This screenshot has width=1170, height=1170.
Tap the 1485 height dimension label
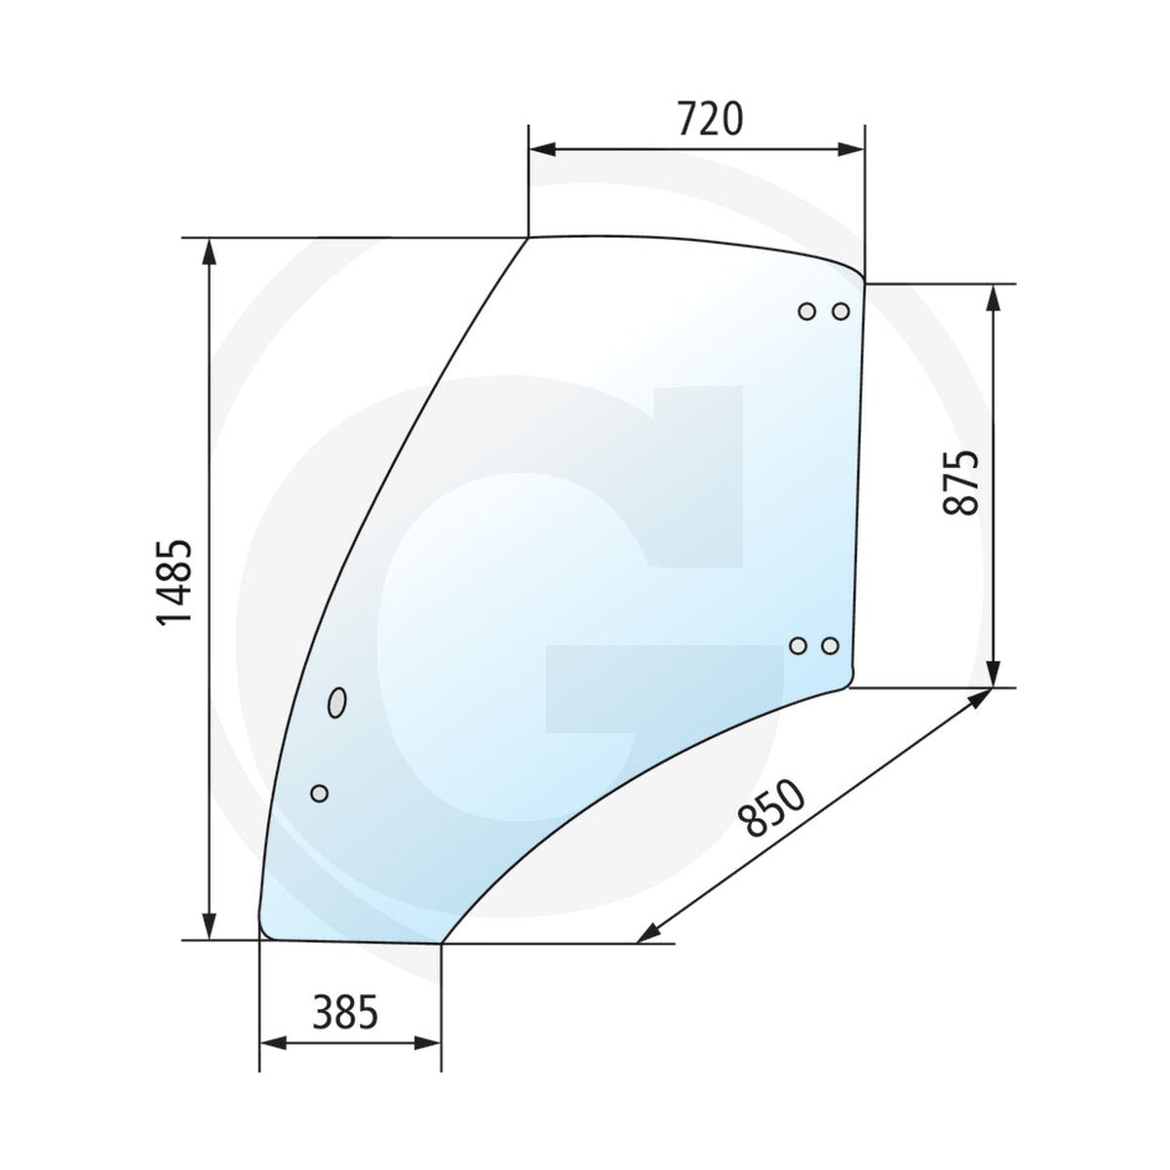175,582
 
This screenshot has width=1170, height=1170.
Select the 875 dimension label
961,483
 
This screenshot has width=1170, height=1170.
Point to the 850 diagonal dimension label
771,808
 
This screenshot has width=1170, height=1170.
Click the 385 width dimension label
345,1012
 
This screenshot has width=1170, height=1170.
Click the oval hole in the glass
337,702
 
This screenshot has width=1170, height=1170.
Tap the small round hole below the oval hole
320,793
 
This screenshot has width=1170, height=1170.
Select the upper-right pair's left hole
807,311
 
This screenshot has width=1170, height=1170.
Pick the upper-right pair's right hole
840,311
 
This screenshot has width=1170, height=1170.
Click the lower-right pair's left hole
799,646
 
